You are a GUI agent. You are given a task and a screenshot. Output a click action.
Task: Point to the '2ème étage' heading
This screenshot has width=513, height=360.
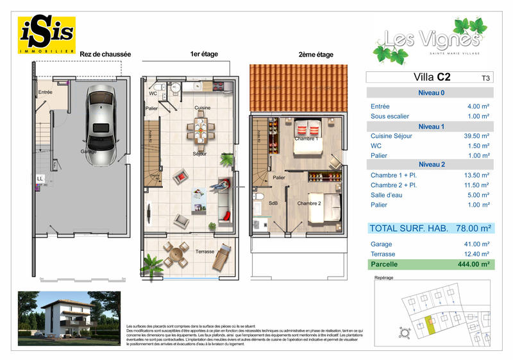[315, 55]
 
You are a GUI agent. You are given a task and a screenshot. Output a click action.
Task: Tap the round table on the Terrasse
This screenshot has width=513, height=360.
[175, 256]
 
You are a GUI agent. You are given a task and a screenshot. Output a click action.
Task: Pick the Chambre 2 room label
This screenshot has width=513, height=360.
[309, 203]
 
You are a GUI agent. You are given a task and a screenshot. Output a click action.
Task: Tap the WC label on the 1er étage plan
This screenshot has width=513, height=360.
[153, 94]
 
